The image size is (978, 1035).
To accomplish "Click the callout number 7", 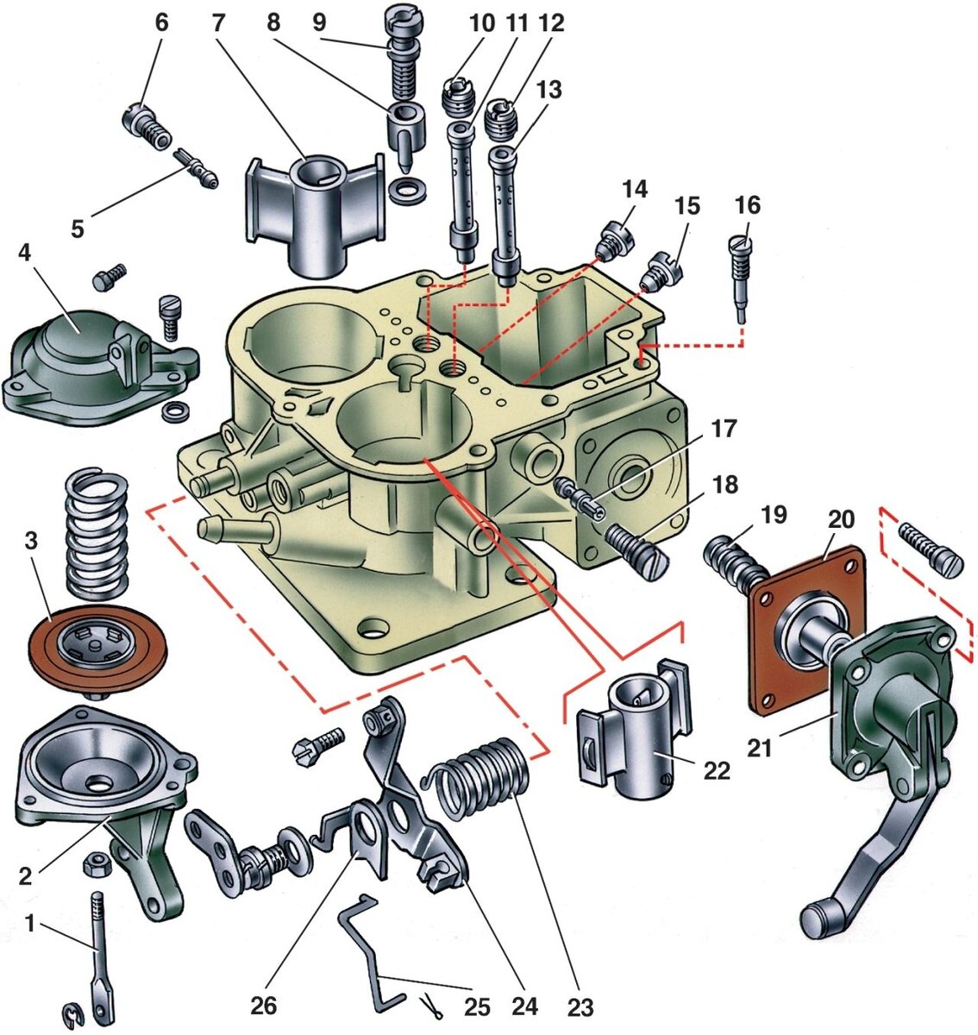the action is coord(218,22).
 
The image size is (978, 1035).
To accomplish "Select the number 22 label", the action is coord(717,771).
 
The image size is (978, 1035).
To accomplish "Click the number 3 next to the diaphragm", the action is coord(31,541).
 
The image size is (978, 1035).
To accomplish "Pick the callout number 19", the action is coord(773,515).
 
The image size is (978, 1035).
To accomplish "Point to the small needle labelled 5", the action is coord(196,168).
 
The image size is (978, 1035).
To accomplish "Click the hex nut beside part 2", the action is coord(97,864).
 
